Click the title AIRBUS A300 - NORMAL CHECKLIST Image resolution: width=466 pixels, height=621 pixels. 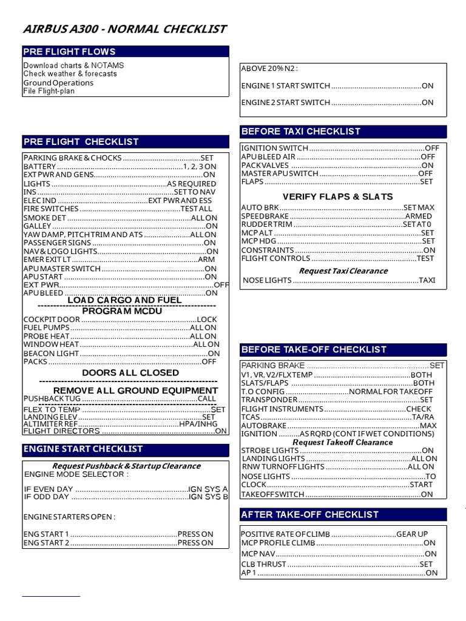(x=124, y=29)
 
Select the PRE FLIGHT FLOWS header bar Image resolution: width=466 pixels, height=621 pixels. (x=126, y=52)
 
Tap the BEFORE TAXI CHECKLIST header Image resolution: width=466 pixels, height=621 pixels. (x=343, y=132)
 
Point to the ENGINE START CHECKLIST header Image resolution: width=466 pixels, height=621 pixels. (x=126, y=449)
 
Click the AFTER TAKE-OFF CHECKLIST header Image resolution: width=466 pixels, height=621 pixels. (x=343, y=514)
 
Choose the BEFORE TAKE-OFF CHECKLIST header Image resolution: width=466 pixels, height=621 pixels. (x=343, y=350)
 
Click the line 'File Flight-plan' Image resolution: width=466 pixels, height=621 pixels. (x=49, y=92)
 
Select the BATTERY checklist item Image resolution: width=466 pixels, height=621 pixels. (x=120, y=166)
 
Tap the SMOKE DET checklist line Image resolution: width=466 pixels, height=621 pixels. (x=120, y=218)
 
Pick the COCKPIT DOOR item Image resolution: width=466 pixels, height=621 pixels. (x=120, y=319)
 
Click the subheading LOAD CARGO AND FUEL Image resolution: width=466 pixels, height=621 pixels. (x=124, y=300)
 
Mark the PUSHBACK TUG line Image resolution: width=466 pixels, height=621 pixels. (x=120, y=399)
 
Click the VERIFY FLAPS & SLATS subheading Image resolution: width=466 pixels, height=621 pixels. (x=337, y=196)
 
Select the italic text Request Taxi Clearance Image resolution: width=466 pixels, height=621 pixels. (x=343, y=271)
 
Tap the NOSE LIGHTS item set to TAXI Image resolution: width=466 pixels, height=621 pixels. (x=339, y=281)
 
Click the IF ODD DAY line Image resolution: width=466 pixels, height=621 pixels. (x=126, y=497)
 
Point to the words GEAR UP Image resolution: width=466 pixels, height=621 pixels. (x=412, y=534)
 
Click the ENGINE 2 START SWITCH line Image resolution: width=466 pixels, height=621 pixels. (x=337, y=102)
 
